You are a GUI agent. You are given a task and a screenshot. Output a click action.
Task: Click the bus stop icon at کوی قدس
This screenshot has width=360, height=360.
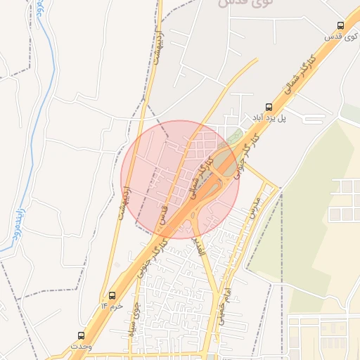pyautogui.click(x=341, y=25)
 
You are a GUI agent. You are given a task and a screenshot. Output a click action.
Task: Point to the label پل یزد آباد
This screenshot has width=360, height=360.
pyautogui.click(x=271, y=118)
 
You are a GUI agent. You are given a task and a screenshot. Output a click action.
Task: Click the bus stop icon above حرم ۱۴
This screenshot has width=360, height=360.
pyautogui.click(x=111, y=295)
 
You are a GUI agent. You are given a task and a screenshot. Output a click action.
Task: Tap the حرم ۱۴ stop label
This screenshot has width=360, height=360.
pyautogui.click(x=112, y=307)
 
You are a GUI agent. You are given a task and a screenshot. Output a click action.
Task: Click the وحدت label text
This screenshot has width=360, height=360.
pyautogui.click(x=80, y=346)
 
